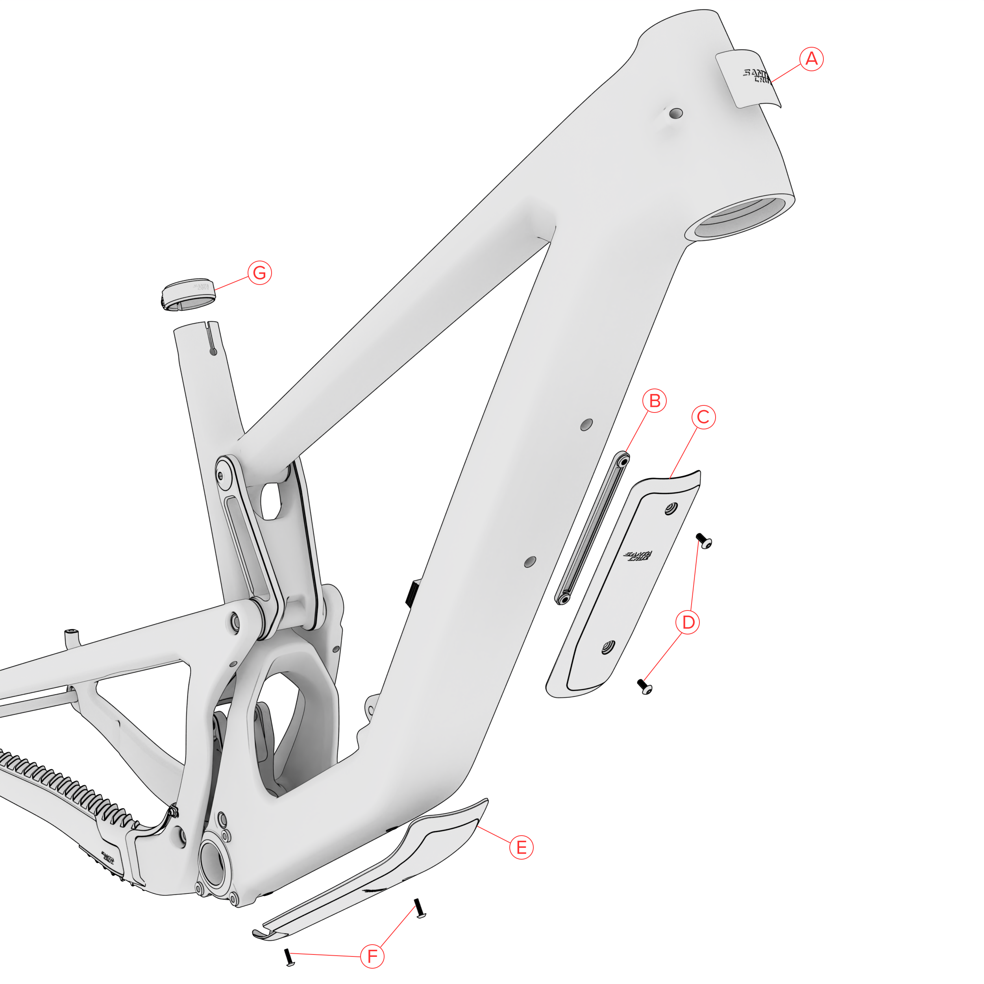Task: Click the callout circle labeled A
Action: (x=811, y=59)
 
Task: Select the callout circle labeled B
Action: (x=655, y=401)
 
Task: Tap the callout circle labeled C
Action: (x=703, y=417)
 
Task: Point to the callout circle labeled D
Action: (x=688, y=622)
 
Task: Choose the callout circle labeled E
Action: (x=521, y=847)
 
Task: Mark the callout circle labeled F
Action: (x=372, y=956)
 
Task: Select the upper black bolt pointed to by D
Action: (x=703, y=540)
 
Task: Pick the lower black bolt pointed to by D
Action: (x=645, y=686)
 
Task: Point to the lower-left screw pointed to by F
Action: (x=289, y=957)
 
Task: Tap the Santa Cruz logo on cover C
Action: (x=638, y=556)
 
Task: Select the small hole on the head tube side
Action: (x=676, y=113)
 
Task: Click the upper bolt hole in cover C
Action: (x=671, y=509)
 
